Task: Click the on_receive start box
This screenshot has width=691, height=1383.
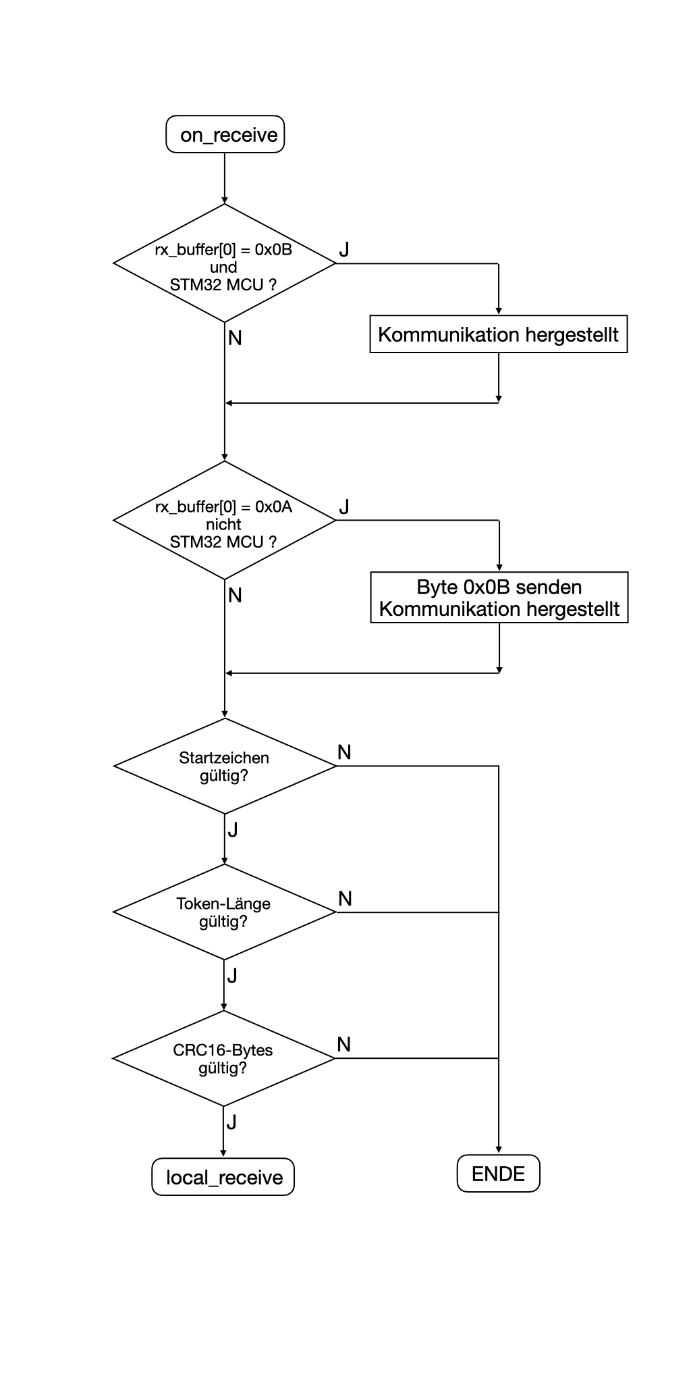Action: click(x=225, y=134)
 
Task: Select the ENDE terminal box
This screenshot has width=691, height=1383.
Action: click(x=499, y=1174)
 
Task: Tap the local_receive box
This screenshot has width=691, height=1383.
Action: click(x=223, y=1177)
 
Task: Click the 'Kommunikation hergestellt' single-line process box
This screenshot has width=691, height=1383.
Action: click(x=499, y=334)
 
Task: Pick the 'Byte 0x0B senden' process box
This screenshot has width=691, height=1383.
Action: click(x=499, y=598)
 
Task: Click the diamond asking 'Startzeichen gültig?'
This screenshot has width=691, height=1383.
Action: click(x=225, y=766)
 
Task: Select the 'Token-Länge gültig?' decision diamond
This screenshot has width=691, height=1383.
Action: click(x=225, y=912)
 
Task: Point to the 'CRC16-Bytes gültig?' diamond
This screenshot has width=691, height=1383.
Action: click(x=224, y=1058)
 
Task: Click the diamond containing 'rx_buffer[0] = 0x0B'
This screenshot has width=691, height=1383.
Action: click(x=225, y=263)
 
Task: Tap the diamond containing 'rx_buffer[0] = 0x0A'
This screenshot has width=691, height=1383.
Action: click(x=225, y=520)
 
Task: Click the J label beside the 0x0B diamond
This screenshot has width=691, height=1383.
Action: click(x=344, y=249)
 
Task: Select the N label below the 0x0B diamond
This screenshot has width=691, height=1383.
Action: click(x=235, y=338)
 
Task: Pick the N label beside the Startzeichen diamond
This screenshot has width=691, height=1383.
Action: click(x=344, y=752)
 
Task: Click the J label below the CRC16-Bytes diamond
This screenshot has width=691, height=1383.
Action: click(x=231, y=1122)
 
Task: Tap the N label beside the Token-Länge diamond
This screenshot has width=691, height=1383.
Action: click(x=345, y=899)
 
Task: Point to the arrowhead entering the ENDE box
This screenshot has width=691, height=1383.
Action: click(x=499, y=1150)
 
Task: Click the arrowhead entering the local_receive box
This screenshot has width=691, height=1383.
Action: click(x=224, y=1153)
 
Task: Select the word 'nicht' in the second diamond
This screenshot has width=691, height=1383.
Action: click(x=223, y=524)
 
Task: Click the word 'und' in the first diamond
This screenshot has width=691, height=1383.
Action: click(x=223, y=267)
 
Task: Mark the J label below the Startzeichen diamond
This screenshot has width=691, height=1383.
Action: click(x=233, y=830)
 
